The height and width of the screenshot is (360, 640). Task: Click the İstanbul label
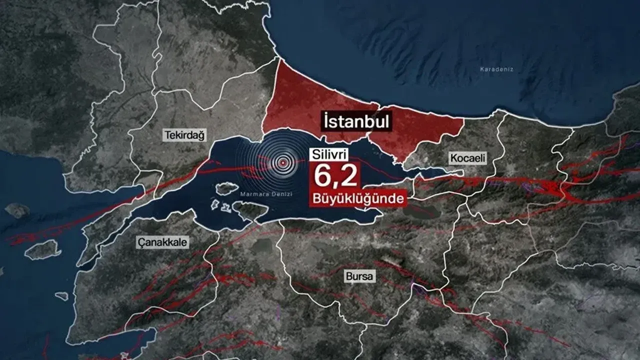click(356, 121)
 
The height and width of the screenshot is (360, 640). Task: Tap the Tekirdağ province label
click(185, 135)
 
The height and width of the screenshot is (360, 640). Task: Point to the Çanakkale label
click(162, 243)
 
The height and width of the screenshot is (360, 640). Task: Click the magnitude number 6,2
click(335, 176)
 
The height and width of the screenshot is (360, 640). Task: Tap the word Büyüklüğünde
click(357, 198)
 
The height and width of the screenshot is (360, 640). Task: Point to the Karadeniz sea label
click(496, 69)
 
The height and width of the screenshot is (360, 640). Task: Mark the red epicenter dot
click(283, 162)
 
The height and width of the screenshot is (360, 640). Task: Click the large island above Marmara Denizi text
click(226, 188)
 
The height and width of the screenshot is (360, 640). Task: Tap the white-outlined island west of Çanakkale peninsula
click(42, 249)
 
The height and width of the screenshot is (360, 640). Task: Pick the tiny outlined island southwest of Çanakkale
click(61, 296)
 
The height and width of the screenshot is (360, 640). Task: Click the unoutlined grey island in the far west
click(17, 210)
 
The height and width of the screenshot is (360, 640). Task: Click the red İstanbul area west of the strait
click(310, 107)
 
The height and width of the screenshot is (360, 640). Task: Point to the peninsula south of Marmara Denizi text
click(250, 210)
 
